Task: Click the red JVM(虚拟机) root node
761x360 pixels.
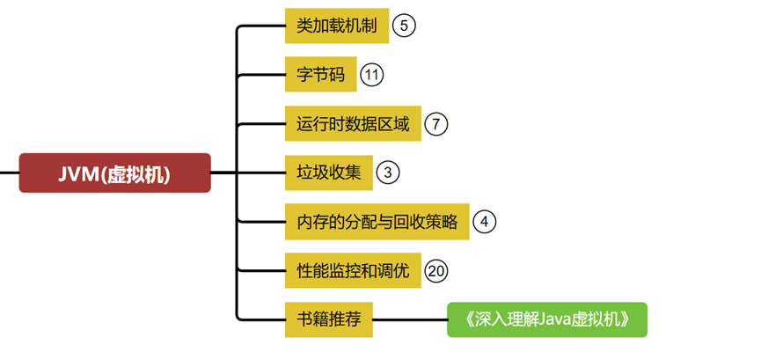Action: pos(115,173)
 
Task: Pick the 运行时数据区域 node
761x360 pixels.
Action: pos(353,124)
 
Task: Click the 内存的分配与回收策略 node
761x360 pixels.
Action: pos(377,222)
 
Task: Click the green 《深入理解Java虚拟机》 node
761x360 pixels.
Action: pos(546,320)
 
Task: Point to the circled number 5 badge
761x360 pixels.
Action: pos(403,26)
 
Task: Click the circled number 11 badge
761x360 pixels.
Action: pos(372,75)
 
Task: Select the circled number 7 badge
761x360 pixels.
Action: pos(435,124)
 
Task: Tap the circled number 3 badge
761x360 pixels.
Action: pos(387,173)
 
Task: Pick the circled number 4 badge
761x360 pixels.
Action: pos(484,222)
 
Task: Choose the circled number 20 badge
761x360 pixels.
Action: pos(435,270)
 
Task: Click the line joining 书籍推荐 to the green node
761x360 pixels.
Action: pos(410,320)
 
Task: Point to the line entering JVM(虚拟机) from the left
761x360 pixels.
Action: pos(9,173)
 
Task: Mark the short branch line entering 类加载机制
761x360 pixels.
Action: pos(264,26)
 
